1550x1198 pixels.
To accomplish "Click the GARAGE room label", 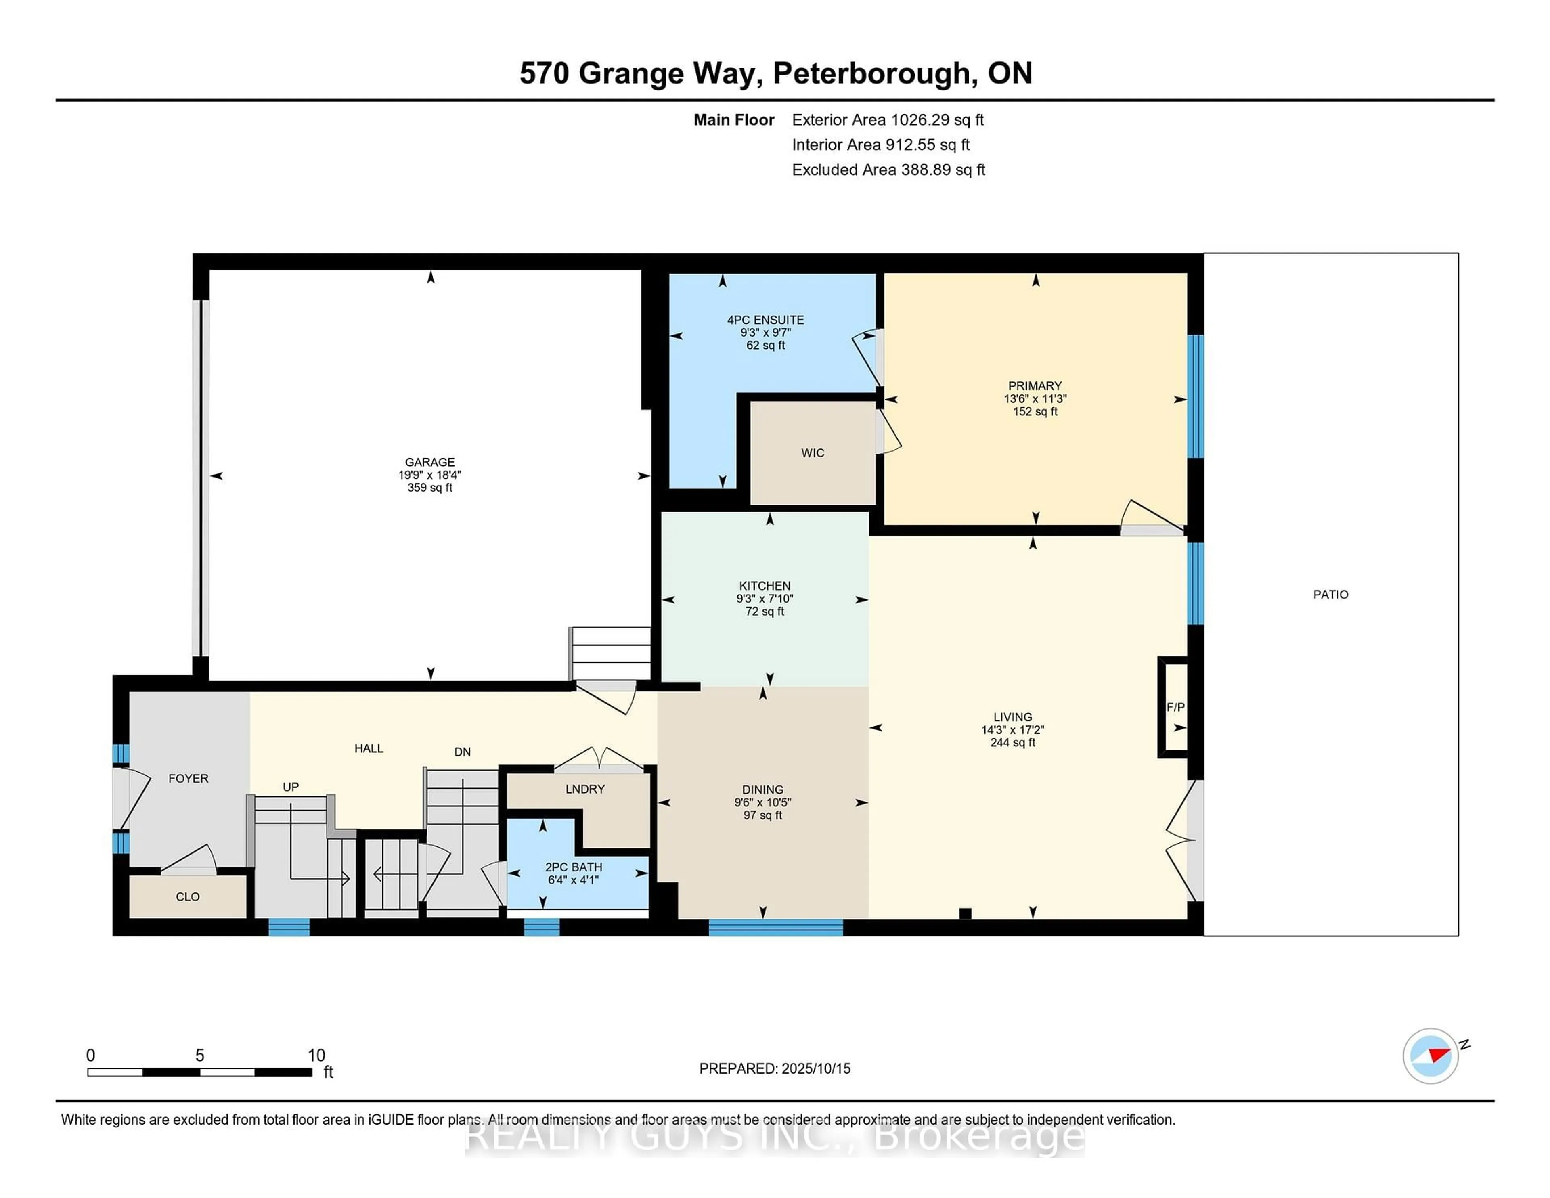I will pyautogui.click(x=429, y=462).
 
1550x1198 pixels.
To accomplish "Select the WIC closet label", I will pyautogui.click(x=813, y=453).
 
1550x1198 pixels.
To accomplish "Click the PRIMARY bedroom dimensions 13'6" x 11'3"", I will pyautogui.click(x=1035, y=399).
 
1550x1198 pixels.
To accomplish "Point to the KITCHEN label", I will pyautogui.click(x=765, y=586).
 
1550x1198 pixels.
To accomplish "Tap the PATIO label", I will pyautogui.click(x=1330, y=595).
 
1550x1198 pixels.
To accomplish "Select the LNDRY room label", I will pyautogui.click(x=585, y=789).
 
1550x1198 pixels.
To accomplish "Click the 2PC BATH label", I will pyautogui.click(x=574, y=867).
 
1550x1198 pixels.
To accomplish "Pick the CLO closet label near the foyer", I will pyautogui.click(x=187, y=897).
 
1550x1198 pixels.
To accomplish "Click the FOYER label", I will pyautogui.click(x=188, y=779).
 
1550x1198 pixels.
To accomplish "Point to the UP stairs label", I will pyautogui.click(x=290, y=787).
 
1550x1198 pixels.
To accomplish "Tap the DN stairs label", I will pyautogui.click(x=462, y=752).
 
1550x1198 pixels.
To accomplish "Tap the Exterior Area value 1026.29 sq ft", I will pyautogui.click(x=937, y=120).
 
